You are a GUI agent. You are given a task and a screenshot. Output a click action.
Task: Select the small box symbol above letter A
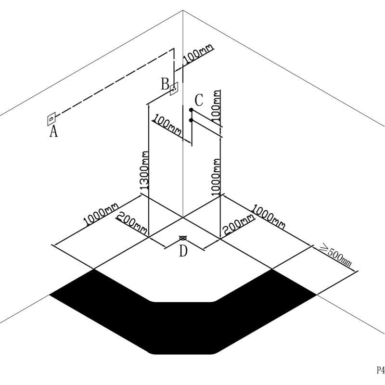(51, 118)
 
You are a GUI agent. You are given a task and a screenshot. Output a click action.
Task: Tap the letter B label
(165, 85)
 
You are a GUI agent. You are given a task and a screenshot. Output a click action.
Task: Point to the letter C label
(199, 101)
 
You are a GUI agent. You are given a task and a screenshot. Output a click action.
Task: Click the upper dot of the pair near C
(191, 110)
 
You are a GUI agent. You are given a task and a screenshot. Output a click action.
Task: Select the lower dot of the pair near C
(191, 119)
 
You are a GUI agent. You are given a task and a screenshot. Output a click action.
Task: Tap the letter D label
(183, 251)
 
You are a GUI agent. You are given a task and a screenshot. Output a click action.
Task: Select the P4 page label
(380, 370)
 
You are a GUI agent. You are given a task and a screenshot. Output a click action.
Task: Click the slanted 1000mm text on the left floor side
(101, 214)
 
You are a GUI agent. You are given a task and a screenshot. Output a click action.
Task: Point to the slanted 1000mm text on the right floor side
(269, 216)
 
